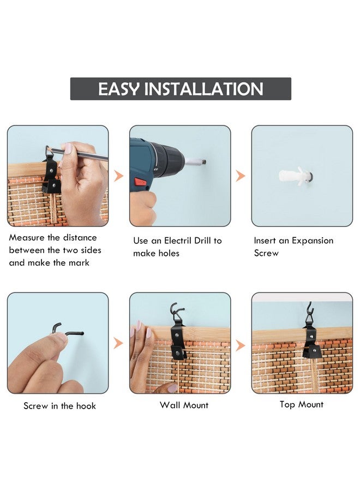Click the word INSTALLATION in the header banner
203,89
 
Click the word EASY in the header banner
119,89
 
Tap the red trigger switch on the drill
141,182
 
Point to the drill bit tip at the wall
203,162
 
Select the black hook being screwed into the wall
67,331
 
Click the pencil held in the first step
77,153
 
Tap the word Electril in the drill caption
178,241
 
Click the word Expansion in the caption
313,241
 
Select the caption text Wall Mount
184,405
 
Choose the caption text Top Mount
302,405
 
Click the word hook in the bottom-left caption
86,406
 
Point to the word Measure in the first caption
27,237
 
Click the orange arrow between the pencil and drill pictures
118,176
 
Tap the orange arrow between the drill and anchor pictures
240,176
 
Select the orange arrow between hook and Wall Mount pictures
118,343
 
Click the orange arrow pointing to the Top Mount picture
240,345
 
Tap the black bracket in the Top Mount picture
312,343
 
